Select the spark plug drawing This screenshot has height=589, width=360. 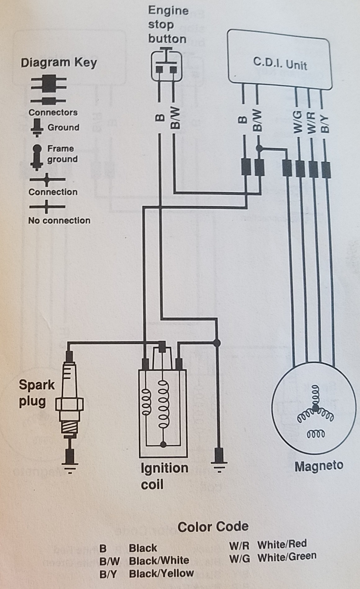[70, 403]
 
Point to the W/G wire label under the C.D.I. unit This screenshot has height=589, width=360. [298, 123]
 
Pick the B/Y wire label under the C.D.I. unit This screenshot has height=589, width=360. [325, 123]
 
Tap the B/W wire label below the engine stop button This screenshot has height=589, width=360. [175, 118]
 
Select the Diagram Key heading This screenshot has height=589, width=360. [59, 63]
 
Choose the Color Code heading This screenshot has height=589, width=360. [213, 526]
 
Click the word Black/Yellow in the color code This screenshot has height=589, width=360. [161, 573]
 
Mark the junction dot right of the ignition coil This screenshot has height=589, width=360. [217, 343]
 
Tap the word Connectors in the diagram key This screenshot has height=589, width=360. [53, 112]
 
